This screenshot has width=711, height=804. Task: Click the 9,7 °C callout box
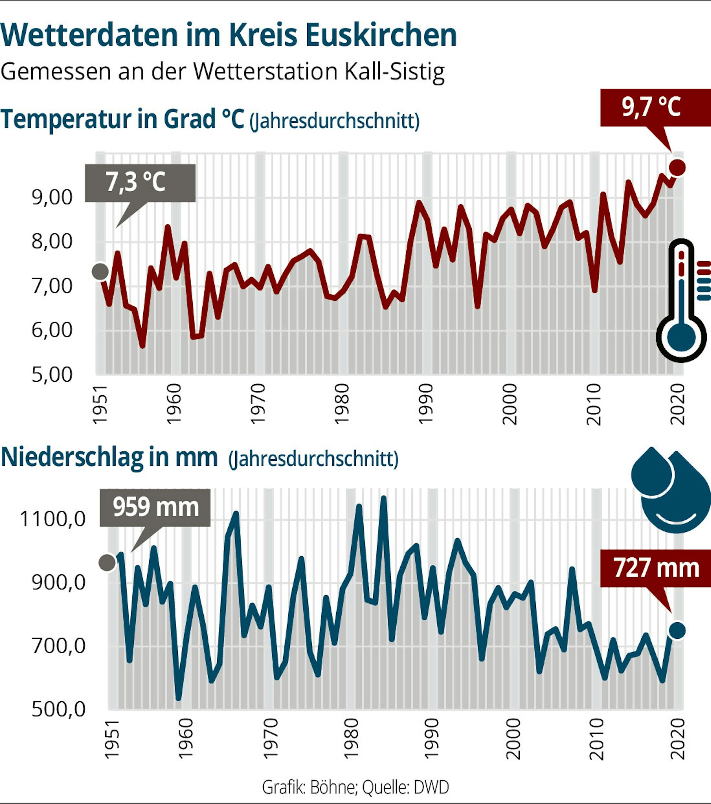pyautogui.click(x=655, y=107)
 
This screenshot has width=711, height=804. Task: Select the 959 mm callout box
pyautogui.click(x=155, y=508)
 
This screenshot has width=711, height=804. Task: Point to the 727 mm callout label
pyautogui.click(x=656, y=568)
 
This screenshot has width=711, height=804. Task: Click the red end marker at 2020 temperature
pyautogui.click(x=678, y=167)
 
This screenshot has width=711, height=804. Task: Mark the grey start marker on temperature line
pyautogui.click(x=100, y=272)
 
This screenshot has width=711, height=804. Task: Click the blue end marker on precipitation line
pyautogui.click(x=677, y=630)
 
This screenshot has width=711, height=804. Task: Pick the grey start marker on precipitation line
pyautogui.click(x=107, y=563)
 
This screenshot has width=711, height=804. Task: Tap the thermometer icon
pyautogui.click(x=683, y=301)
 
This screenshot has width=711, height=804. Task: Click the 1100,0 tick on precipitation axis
pyautogui.click(x=53, y=519)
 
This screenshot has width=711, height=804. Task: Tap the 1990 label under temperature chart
pyautogui.click(x=426, y=404)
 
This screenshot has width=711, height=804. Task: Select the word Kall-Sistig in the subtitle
pyautogui.click(x=395, y=71)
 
